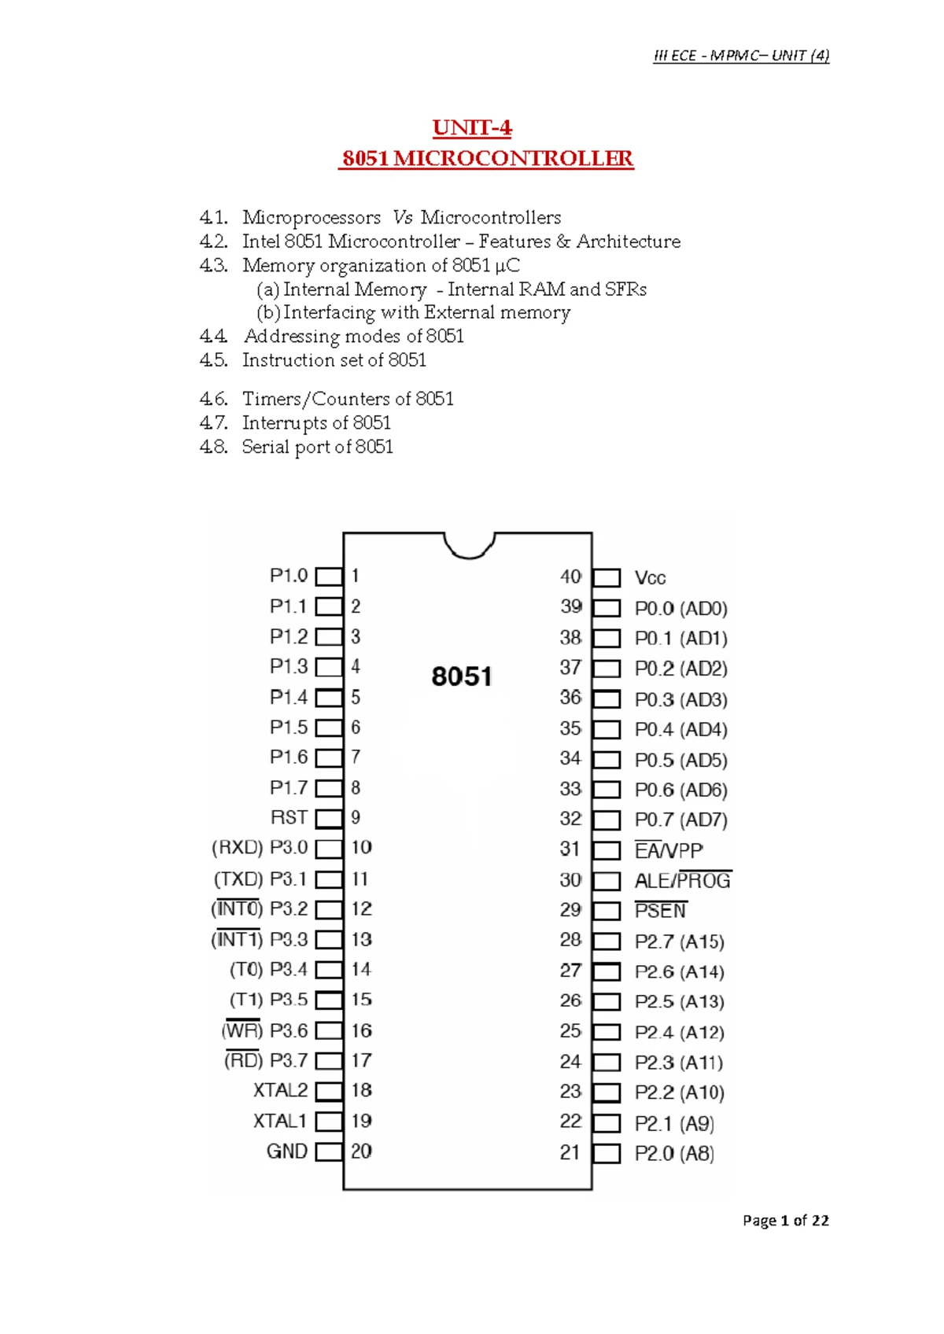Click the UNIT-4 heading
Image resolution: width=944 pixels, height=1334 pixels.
pos(472,127)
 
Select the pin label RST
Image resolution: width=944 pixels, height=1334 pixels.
pos(289,818)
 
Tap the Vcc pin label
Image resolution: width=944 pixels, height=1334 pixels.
pos(650,578)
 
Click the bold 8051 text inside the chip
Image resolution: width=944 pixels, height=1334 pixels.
pos(462,676)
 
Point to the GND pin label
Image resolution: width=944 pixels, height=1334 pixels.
pos(287,1152)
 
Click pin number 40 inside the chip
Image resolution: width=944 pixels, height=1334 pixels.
pos(570,577)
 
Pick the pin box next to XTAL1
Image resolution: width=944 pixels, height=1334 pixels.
pos(329,1122)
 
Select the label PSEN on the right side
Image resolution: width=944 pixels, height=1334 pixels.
pos(661,911)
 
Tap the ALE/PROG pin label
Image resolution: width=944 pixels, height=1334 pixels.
pos(683,881)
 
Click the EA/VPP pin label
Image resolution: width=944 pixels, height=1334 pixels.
pos(669,850)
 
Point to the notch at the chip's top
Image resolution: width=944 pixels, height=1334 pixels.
pos(469,544)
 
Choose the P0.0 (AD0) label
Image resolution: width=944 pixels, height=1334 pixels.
pos(681,609)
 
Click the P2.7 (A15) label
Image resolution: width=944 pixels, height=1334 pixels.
pos(680,942)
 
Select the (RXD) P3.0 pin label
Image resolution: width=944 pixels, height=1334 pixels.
pos(260,848)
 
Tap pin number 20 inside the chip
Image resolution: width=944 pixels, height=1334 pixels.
pos(361,1152)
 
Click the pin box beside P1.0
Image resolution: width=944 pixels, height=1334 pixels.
pos(329,577)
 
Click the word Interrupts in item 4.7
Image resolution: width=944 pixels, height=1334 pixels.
pos(285,423)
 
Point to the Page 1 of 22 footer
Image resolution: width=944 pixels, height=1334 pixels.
pos(785,1221)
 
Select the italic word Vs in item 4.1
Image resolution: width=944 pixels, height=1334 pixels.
pos(403,218)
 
